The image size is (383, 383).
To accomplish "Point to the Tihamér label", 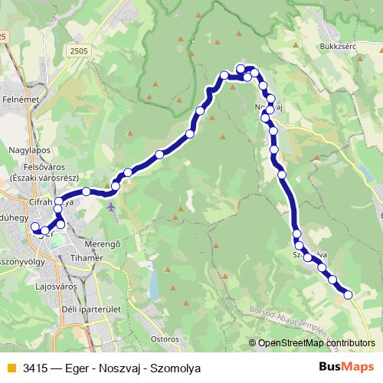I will coord(87,258).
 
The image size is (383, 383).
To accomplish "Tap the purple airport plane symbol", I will coord(113,207).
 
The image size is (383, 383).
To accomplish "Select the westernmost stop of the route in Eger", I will coord(35,227).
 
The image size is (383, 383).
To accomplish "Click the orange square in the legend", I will coord(11,368).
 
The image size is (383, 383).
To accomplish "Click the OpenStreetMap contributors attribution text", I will coord(316,343).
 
